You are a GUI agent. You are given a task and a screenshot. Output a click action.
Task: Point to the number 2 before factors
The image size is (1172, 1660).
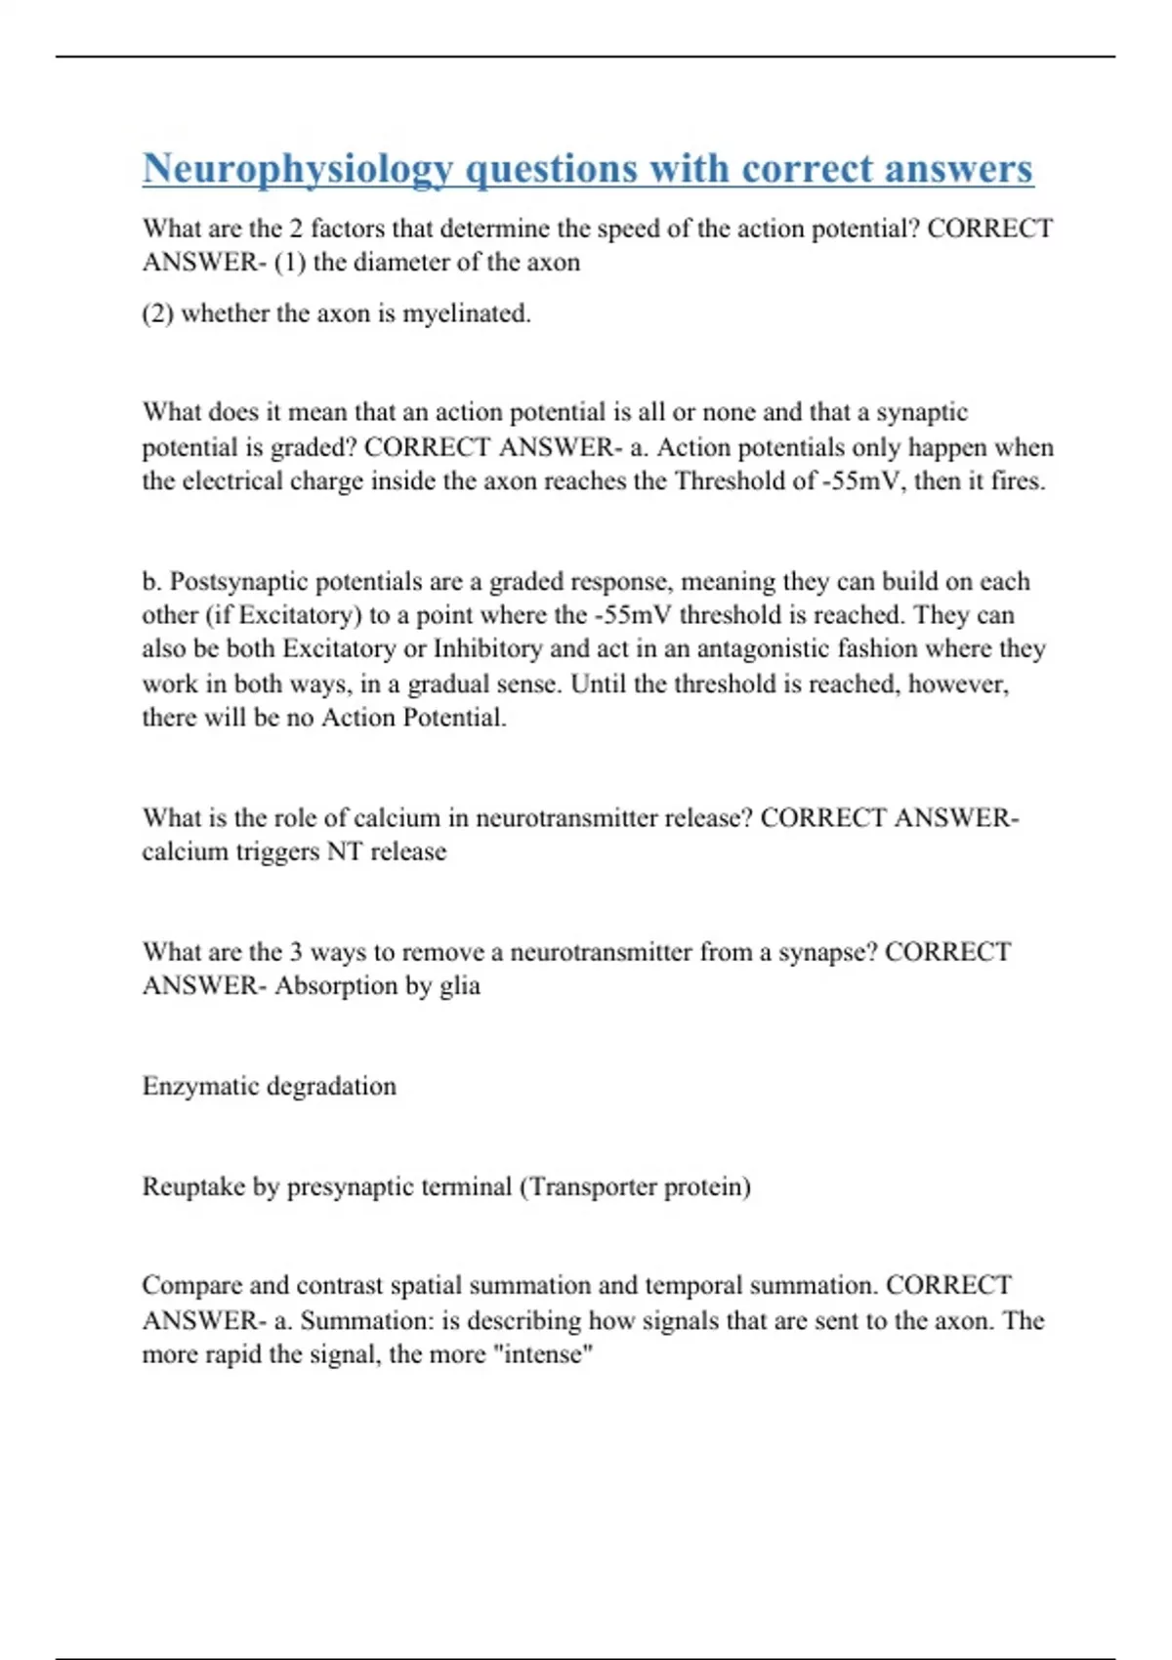click(296, 228)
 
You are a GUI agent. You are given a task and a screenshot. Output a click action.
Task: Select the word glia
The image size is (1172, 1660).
click(459, 986)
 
